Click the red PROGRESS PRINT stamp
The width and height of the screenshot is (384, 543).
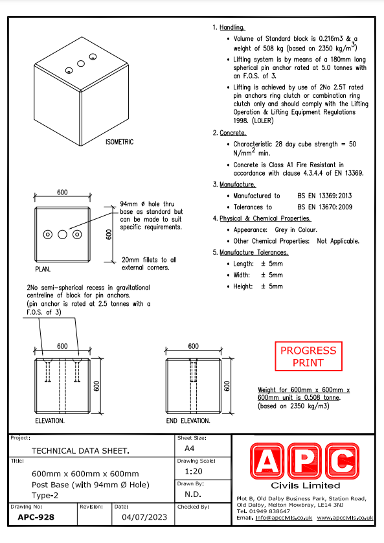pos(308,356)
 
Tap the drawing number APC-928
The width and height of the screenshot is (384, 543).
pos(36,517)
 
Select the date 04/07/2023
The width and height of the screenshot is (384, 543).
pos(144,517)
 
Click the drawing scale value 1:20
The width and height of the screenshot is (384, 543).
pos(194,471)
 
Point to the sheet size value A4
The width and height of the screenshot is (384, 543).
pos(190,448)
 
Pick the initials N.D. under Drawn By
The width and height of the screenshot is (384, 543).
pos(193,494)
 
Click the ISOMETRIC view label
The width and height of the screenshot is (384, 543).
pos(119,142)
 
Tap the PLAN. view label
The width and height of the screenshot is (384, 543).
pos(43,269)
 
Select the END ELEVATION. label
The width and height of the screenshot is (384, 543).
pos(188,421)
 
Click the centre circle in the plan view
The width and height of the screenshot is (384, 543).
pos(62,235)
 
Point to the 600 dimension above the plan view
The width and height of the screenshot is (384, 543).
pos(62,192)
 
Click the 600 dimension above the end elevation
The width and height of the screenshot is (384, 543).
pos(194,346)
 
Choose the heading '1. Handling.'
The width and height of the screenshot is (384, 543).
pos(229,27)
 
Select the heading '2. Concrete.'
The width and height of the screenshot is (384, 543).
pos(229,133)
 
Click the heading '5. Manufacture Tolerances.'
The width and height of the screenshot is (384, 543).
pos(251,253)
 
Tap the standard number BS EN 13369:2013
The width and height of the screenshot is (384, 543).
pos(325,196)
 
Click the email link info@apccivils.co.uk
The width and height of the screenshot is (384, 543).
pos(284,518)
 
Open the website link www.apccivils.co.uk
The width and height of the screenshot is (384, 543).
pos(345,518)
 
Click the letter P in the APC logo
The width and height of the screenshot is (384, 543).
pos(305,461)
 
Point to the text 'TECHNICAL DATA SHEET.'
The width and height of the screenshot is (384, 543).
pos(80,450)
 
